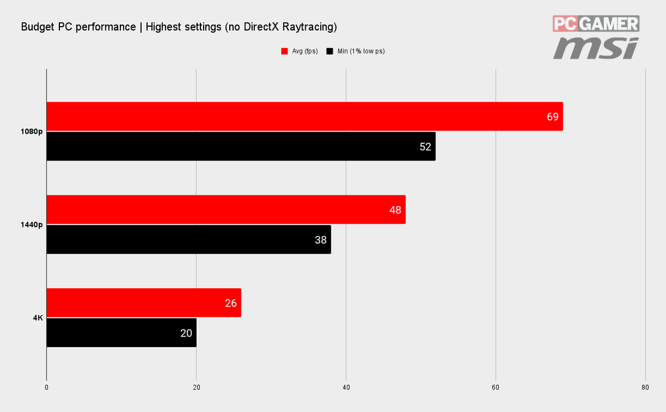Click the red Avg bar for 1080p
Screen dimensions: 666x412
click(x=305, y=116)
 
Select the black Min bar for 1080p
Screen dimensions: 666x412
click(x=241, y=147)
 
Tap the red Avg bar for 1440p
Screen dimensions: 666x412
click(x=226, y=209)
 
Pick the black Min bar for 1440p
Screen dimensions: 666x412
click(x=189, y=239)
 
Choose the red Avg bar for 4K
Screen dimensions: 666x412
click(x=144, y=303)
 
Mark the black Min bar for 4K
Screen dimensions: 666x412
click(x=122, y=333)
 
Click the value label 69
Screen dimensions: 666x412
click(x=552, y=117)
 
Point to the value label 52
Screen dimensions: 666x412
click(x=425, y=147)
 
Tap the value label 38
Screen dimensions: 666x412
click(x=321, y=240)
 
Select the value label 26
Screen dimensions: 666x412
click(x=231, y=303)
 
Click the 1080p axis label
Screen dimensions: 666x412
click(x=32, y=132)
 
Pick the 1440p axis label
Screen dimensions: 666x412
click(x=32, y=224)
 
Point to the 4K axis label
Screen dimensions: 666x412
click(x=38, y=318)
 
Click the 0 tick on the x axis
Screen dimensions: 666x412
click(x=47, y=388)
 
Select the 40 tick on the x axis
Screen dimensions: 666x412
click(x=346, y=388)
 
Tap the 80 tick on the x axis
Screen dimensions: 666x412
click(x=645, y=388)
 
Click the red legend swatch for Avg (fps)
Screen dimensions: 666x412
click(x=285, y=51)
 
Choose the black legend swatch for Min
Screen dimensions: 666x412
click(x=330, y=51)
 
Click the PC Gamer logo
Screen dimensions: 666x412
click(x=596, y=24)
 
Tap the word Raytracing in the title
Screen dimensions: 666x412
click(x=310, y=27)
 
